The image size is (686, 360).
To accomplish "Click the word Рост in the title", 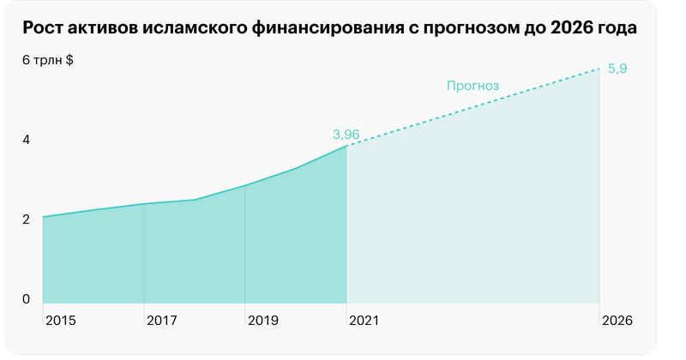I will coord(44,28).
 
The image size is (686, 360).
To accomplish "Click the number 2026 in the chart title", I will coord(569,28).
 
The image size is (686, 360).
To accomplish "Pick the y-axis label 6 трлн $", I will coord(47,60).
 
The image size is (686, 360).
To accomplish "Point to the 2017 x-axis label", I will coord(161,321).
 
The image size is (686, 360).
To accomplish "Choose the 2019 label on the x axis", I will coord(262,321).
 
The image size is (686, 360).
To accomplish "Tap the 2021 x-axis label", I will coord(364,321).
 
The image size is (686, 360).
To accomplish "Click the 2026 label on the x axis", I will coord(617,321).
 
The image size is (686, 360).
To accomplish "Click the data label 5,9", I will coord(617,69).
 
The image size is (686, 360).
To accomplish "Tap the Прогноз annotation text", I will coord(472,86).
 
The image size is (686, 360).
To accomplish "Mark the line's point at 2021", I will coord(347,146).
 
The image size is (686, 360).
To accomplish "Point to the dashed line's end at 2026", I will coord(599,69).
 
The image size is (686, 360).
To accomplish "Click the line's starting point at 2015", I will coord(43,217).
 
